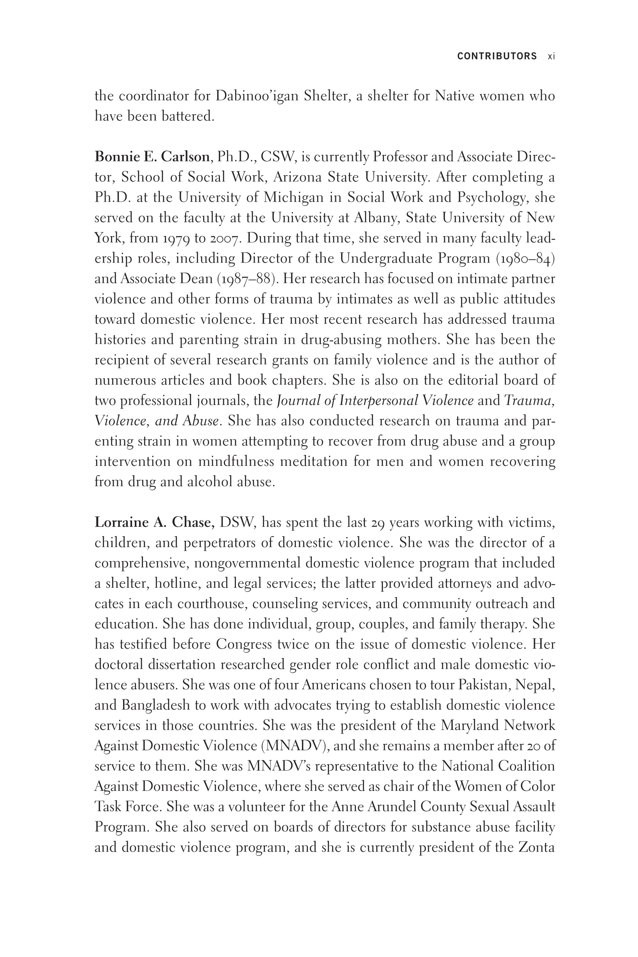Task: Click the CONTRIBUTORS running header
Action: pyautogui.click(x=497, y=56)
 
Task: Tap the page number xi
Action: pyautogui.click(x=551, y=56)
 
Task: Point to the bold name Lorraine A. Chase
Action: pyautogui.click(x=154, y=522)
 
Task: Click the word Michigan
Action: pyautogui.click(x=293, y=197)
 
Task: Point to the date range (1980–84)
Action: pyautogui.click(x=525, y=259)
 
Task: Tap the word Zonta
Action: pyautogui.click(x=536, y=848)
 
